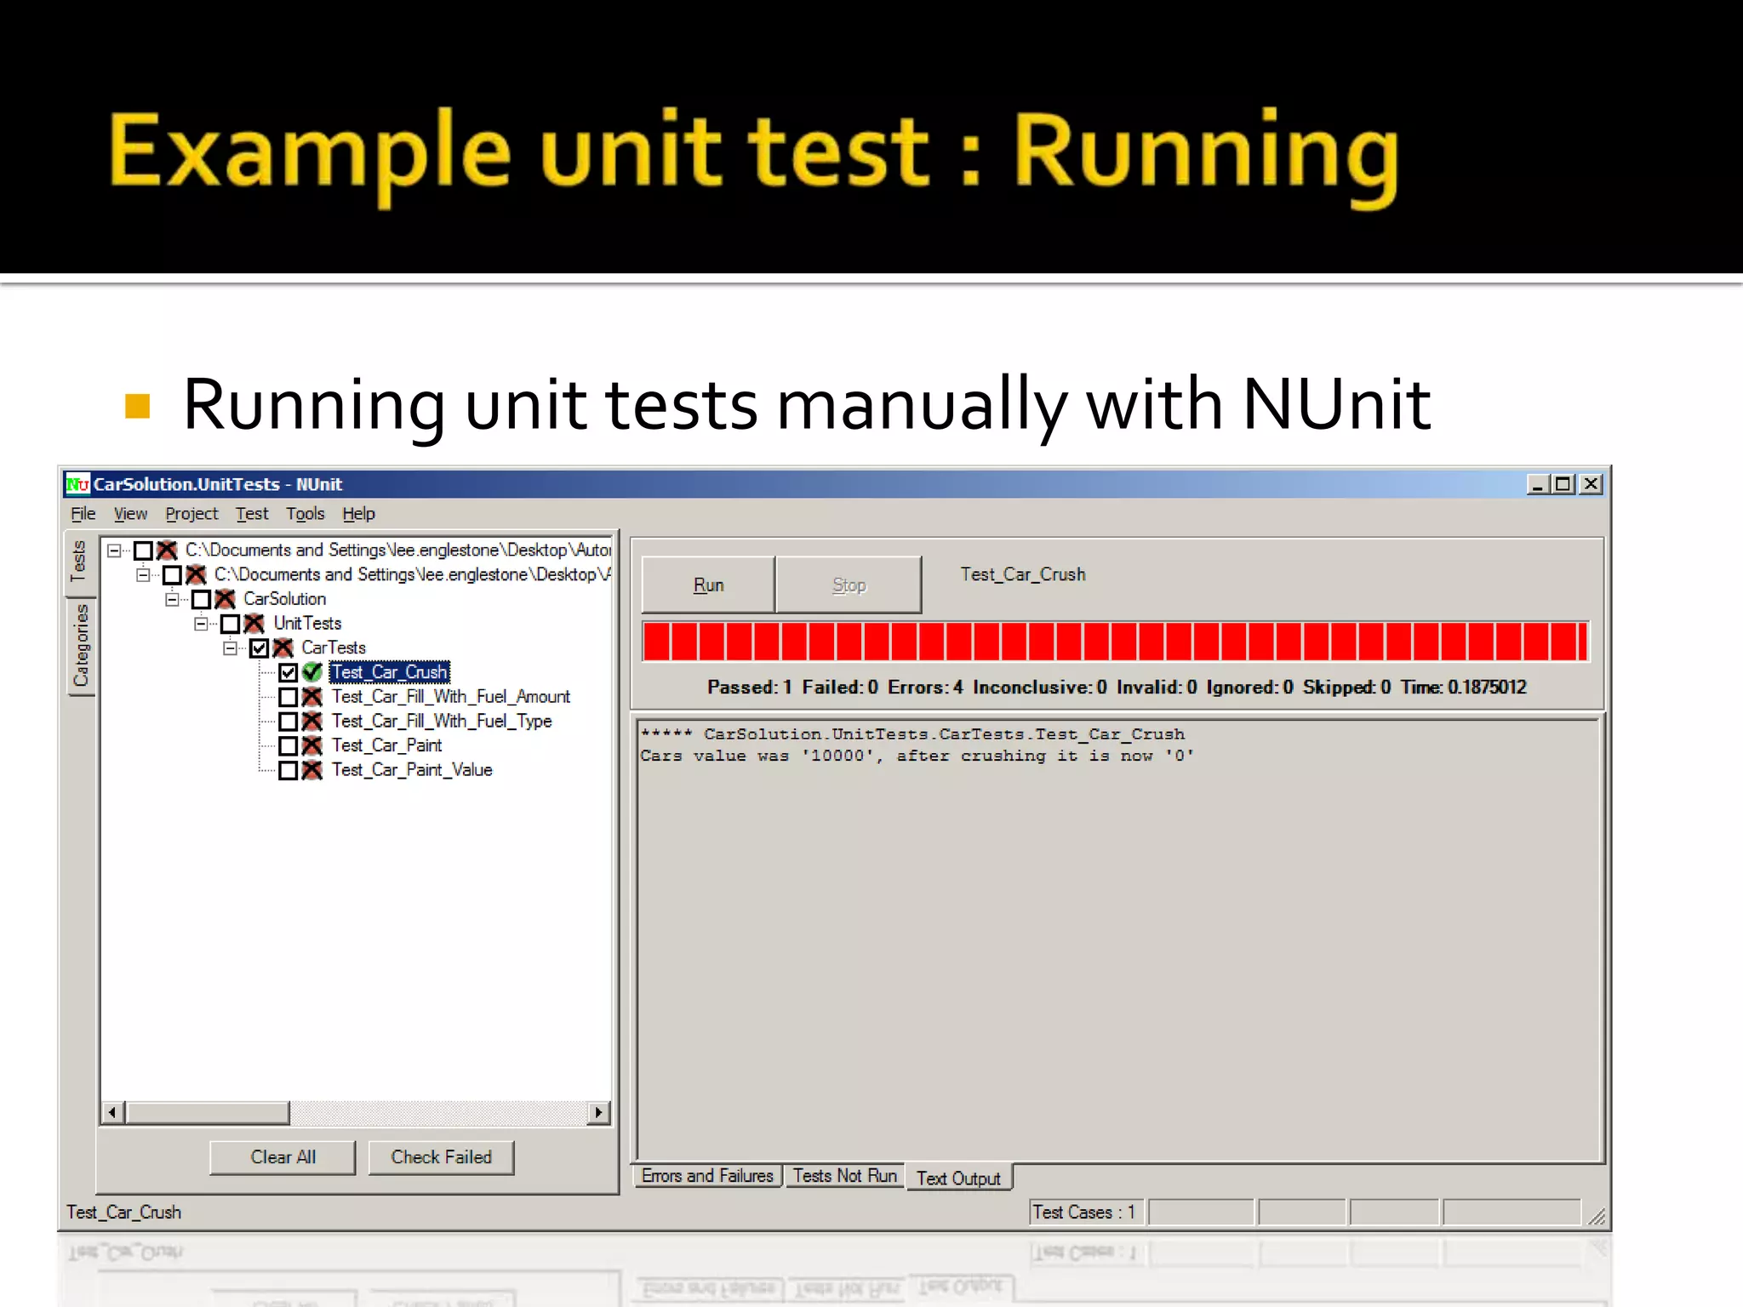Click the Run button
click(x=707, y=585)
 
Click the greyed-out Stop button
click(x=848, y=585)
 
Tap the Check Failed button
click(x=441, y=1157)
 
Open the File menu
click(x=83, y=514)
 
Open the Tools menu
click(x=305, y=514)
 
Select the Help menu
click(x=358, y=514)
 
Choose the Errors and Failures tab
click(x=706, y=1176)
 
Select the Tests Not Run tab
click(x=844, y=1176)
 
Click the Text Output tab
click(x=958, y=1179)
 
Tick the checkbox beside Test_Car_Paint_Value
click(x=289, y=771)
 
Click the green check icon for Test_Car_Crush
click(x=312, y=672)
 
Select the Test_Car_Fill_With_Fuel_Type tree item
click(x=441, y=722)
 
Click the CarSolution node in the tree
click(x=284, y=599)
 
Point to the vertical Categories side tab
click(x=81, y=645)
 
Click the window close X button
click(x=1591, y=484)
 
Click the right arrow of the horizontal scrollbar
click(x=599, y=1112)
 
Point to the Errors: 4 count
click(x=925, y=688)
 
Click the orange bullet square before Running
click(x=137, y=406)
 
